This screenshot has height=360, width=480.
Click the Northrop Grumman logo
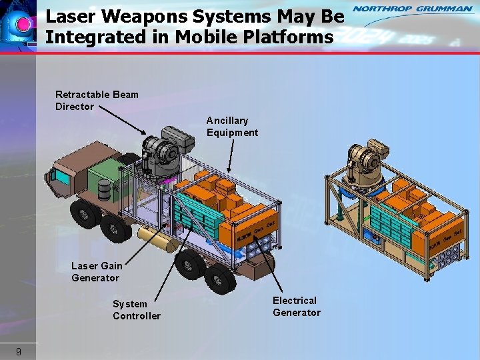[x=412, y=9]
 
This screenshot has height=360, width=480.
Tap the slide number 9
[x=19, y=351]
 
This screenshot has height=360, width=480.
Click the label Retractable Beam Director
[x=97, y=100]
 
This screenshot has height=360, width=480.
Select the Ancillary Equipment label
[x=232, y=126]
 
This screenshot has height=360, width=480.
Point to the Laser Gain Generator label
[x=97, y=271]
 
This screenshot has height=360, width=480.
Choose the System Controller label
[x=136, y=310]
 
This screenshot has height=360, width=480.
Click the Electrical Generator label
[x=296, y=307]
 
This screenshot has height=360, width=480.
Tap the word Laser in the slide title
[x=71, y=15]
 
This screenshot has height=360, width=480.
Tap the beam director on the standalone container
[x=364, y=163]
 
